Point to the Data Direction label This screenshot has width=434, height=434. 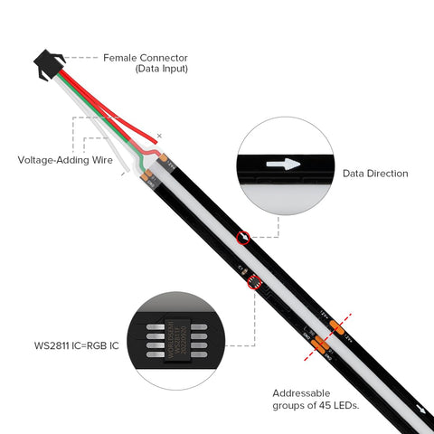pyautogui.click(x=374, y=173)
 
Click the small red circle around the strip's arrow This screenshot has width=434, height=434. pyautogui.click(x=242, y=238)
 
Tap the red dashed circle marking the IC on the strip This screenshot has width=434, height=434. pyautogui.click(x=254, y=283)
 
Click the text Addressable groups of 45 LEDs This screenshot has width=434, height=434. pyautogui.click(x=316, y=399)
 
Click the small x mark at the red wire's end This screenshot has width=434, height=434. pyautogui.click(x=159, y=137)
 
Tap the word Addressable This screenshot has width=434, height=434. pyautogui.click(x=301, y=392)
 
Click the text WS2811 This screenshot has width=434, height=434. pyautogui.click(x=51, y=344)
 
